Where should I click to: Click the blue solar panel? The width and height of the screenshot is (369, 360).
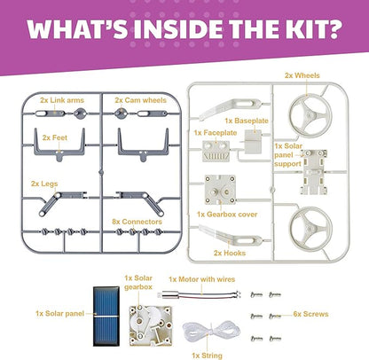tap(106, 316)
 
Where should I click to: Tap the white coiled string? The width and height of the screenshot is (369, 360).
tap(211, 331)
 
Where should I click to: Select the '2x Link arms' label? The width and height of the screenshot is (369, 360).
tap(62, 100)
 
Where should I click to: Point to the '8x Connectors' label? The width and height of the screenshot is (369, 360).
tap(137, 222)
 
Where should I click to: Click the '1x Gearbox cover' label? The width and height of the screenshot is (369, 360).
tap(227, 215)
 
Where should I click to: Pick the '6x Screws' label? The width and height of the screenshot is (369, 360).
tap(310, 314)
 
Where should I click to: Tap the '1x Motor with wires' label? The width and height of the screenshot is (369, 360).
tap(202, 279)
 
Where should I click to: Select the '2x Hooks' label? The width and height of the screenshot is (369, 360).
tap(230, 253)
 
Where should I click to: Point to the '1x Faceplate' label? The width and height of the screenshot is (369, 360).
tap(216, 133)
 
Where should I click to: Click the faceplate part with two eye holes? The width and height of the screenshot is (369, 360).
tap(216, 151)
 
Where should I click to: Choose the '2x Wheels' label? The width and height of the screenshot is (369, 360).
tap(302, 75)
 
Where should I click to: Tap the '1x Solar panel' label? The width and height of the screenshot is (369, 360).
tap(59, 313)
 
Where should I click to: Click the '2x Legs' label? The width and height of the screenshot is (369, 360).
tap(44, 184)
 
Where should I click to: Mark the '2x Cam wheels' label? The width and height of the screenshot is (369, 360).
tap(140, 100)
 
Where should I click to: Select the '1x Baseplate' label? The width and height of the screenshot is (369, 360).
tap(247, 121)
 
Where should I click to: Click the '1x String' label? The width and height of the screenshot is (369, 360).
tap(207, 356)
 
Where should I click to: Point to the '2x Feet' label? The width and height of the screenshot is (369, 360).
tap(55, 137)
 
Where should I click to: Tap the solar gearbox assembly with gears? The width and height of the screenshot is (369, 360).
tap(151, 325)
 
